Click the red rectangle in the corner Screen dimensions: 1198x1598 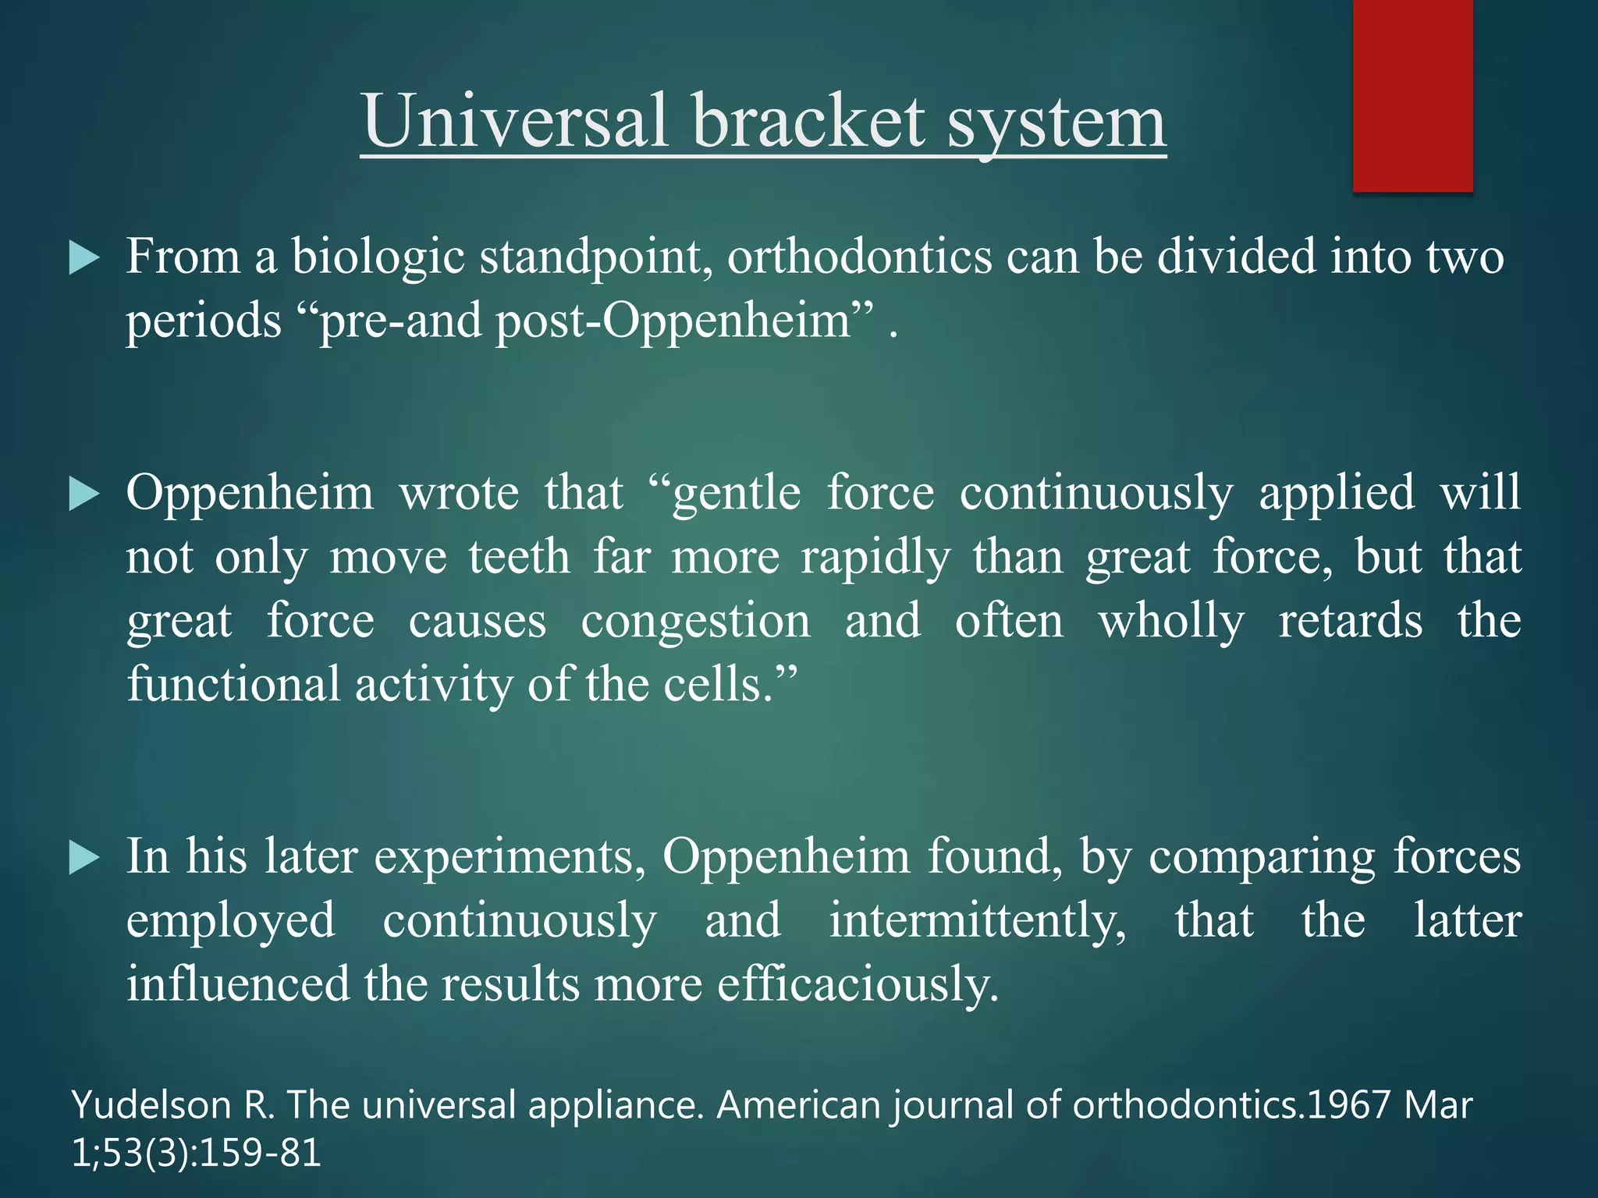pyautogui.click(x=1412, y=95)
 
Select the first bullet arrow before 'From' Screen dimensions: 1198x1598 pyautogui.click(x=83, y=257)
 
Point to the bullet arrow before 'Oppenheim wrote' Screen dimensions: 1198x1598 pyautogui.click(x=83, y=494)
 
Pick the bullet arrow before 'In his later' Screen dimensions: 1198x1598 pyautogui.click(x=83, y=858)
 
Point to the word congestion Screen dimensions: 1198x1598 pyautogui.click(x=696, y=622)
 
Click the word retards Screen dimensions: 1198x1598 pyautogui.click(x=1350, y=622)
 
